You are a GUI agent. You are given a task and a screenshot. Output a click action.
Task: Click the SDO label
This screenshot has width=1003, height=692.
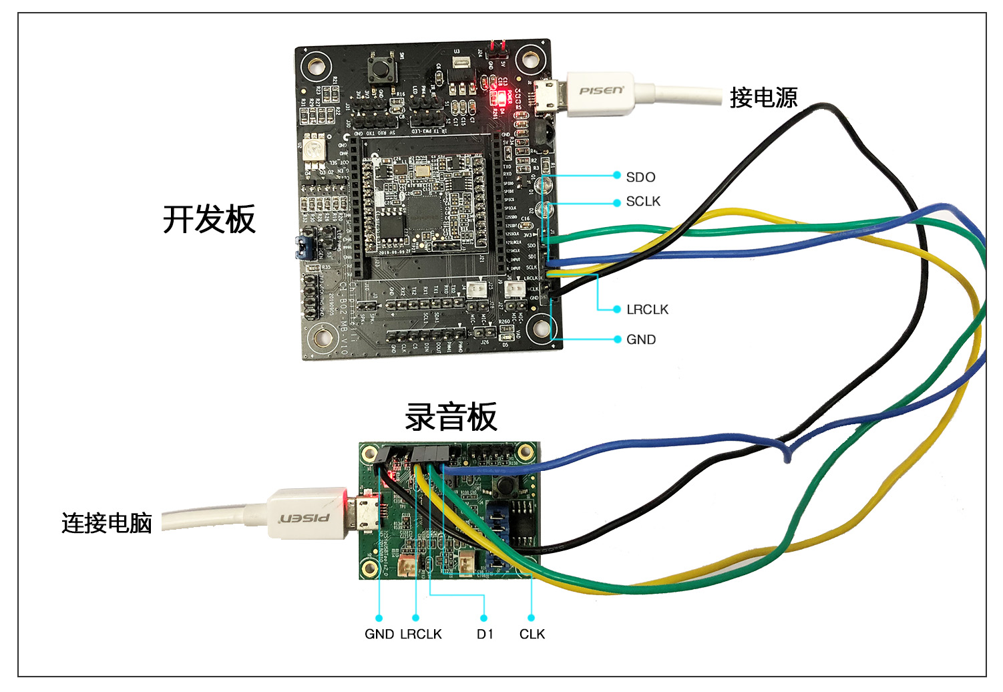click(640, 177)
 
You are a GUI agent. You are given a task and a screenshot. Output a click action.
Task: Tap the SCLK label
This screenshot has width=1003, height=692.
click(643, 201)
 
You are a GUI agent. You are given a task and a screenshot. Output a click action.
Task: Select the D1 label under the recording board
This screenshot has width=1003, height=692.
click(485, 634)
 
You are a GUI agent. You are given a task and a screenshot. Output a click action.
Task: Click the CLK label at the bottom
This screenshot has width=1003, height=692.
click(532, 634)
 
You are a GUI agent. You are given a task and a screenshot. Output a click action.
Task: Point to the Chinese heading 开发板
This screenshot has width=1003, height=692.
click(209, 219)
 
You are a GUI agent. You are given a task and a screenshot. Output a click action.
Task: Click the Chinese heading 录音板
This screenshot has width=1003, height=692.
click(451, 417)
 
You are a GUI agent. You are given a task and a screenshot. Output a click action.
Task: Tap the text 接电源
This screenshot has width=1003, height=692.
click(763, 98)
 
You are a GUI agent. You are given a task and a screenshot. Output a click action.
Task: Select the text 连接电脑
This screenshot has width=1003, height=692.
click(107, 523)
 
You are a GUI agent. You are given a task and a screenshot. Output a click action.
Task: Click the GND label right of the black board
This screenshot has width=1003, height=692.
click(641, 339)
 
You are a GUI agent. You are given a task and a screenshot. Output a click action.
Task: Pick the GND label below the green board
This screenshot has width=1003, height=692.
click(379, 634)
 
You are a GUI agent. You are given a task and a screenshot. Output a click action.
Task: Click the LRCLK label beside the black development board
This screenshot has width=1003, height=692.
click(647, 309)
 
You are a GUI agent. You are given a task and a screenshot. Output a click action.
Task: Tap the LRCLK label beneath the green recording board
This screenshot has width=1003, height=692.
click(421, 634)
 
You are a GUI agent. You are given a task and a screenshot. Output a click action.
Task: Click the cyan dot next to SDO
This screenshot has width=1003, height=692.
click(617, 176)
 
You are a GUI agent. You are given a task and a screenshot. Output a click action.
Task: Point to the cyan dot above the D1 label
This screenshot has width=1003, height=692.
click(484, 618)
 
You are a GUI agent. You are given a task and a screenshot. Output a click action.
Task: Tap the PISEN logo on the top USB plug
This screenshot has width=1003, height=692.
click(601, 90)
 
